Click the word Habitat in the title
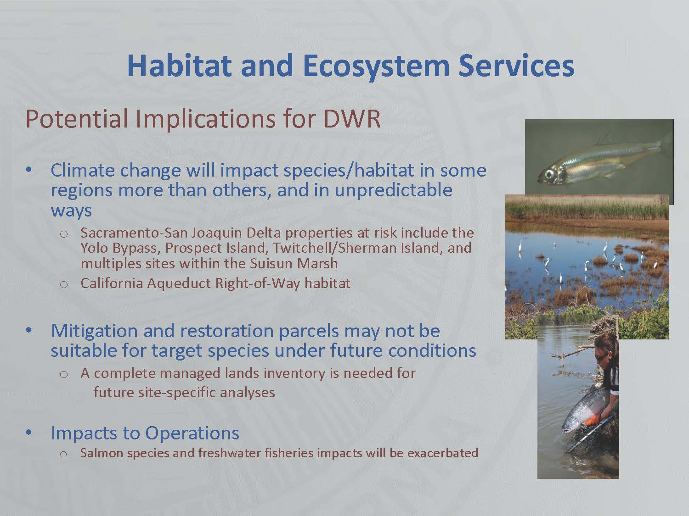(x=179, y=66)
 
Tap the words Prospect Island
(x=216, y=248)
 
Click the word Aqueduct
(x=179, y=283)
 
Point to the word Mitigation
(x=95, y=331)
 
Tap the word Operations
(x=192, y=433)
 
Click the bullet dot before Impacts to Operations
(x=29, y=433)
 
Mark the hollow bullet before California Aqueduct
(x=64, y=284)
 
